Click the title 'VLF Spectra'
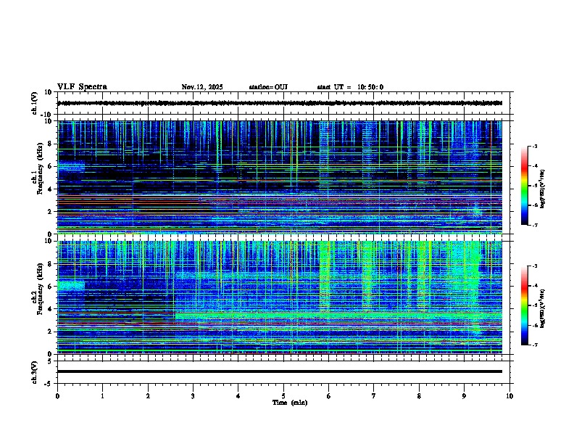(x=82, y=87)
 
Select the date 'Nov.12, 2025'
(x=202, y=87)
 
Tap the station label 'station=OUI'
(x=268, y=87)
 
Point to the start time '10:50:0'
(x=370, y=87)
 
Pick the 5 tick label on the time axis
(x=283, y=395)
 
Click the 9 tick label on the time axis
(x=465, y=395)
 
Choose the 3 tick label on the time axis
(x=193, y=395)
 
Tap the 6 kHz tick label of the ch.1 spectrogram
(x=49, y=166)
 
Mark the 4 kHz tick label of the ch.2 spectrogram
(x=49, y=308)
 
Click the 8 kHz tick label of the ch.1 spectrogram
(x=49, y=144)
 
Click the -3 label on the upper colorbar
(x=535, y=147)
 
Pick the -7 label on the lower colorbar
(x=535, y=345)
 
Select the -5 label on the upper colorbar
(x=535, y=186)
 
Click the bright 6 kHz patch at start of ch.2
(x=71, y=285)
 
